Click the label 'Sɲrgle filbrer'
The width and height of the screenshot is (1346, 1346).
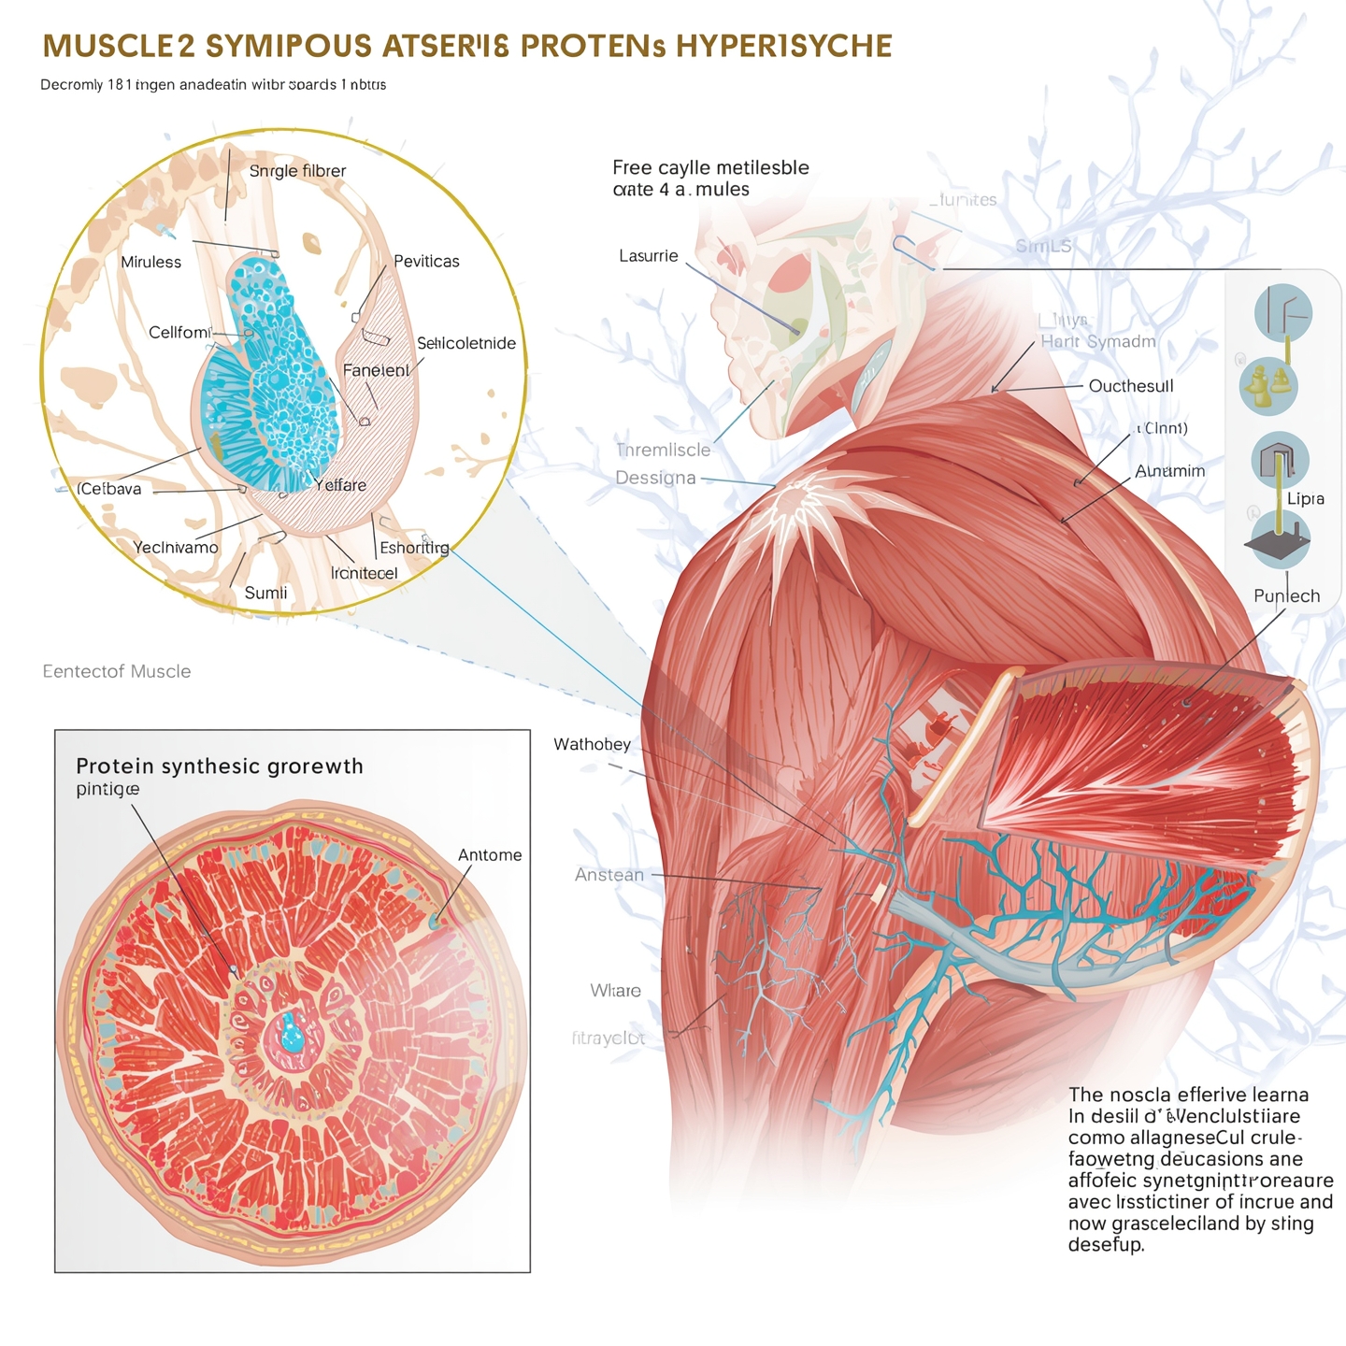click(297, 171)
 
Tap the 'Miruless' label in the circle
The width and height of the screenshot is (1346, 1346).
click(150, 263)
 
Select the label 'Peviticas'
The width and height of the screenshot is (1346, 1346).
click(426, 262)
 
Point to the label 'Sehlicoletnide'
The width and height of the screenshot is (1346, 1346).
click(466, 344)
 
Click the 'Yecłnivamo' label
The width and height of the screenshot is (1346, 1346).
click(176, 548)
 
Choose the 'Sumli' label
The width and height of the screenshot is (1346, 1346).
click(265, 594)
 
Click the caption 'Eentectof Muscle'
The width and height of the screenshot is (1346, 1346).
click(117, 672)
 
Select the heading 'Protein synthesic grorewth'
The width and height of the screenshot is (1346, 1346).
click(220, 766)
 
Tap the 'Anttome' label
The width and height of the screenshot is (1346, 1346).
click(490, 855)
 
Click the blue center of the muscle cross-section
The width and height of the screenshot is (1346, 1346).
click(292, 1033)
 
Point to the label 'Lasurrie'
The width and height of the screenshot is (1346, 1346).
click(649, 256)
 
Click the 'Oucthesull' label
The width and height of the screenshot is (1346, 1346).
click(1131, 386)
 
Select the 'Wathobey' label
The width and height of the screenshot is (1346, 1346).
click(593, 745)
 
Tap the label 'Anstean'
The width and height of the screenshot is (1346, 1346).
click(609, 875)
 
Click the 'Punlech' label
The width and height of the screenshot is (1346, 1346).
click(1286, 596)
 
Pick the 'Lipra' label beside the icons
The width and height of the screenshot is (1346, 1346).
click(1305, 499)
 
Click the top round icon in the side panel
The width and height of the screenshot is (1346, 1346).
click(1282, 313)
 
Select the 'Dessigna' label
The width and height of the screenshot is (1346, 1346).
click(655, 479)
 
